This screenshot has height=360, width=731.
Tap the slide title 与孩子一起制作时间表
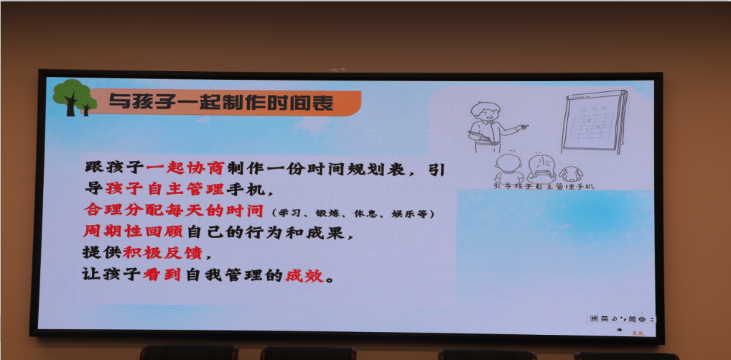tap(221, 103)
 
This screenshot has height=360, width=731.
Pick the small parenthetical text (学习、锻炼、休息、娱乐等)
tap(353, 214)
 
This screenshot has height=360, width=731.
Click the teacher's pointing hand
tap(523, 127)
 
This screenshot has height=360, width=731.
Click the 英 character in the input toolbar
tap(605, 318)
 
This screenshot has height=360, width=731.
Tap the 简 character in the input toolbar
tap(632, 318)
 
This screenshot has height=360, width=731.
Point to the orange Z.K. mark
tap(638, 333)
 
